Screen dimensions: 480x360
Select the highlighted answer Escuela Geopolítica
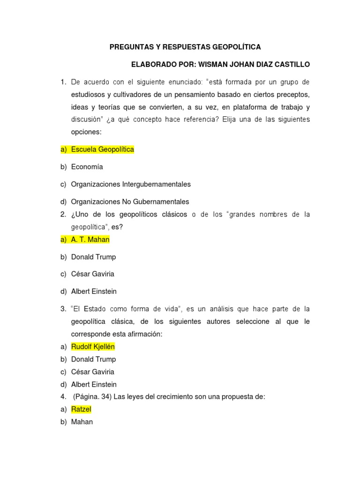[x=102, y=150]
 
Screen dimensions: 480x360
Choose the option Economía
[x=87, y=167]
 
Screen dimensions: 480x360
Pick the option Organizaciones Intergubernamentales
[x=131, y=184]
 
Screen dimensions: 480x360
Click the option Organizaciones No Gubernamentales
[x=130, y=202]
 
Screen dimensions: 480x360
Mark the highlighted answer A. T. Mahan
[x=90, y=240]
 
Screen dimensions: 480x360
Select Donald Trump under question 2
[x=93, y=257]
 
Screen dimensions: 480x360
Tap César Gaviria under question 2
[x=92, y=274]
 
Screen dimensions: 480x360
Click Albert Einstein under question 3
[x=94, y=384]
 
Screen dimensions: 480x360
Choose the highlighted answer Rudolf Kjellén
[x=93, y=347]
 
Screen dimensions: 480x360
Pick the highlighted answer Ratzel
[x=81, y=409]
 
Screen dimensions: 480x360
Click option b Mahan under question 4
[x=82, y=422]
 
